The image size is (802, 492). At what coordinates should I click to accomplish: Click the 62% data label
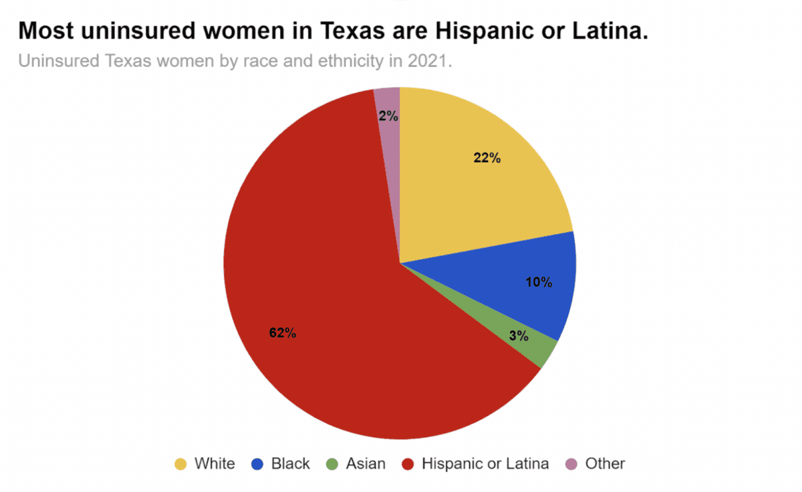(283, 333)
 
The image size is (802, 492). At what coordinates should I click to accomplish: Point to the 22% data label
(487, 158)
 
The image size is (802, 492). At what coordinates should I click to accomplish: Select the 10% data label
(539, 282)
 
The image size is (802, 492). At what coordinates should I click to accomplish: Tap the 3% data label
(519, 336)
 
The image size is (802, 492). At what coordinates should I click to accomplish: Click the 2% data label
(388, 116)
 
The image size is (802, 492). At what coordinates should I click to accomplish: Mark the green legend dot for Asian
(332, 464)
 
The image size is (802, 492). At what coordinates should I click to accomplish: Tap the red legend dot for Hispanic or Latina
(408, 464)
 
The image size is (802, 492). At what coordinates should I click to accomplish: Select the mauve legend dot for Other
(571, 464)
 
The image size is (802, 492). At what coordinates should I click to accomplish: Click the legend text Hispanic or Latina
(485, 463)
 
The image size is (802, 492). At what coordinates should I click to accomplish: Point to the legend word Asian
(366, 463)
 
